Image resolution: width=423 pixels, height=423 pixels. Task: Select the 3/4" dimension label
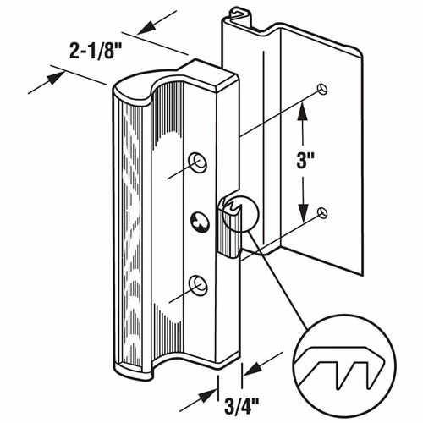242,406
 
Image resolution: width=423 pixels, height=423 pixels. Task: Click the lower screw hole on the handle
198,285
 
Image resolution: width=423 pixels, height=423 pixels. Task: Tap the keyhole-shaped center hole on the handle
201,222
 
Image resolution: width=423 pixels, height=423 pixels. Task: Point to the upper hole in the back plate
322,89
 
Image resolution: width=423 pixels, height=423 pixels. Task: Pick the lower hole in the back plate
322,212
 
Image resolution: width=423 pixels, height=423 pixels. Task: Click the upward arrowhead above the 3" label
303,111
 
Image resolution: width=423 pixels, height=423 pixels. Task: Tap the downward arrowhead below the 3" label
303,212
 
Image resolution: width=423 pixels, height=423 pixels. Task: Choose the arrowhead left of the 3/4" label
208,397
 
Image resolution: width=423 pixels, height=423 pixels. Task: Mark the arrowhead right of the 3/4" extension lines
253,369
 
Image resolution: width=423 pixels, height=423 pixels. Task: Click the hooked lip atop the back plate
239,14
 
